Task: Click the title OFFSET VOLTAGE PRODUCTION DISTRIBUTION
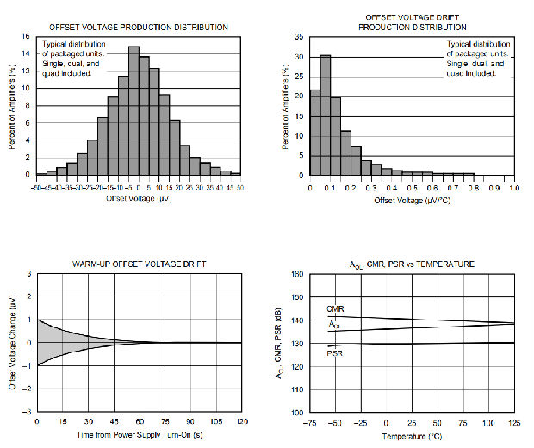(139, 28)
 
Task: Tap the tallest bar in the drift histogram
(325, 115)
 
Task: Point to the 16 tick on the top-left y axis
(26, 37)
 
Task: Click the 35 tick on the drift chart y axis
(298, 37)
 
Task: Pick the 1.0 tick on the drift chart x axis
(514, 186)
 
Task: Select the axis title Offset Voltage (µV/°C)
(412, 200)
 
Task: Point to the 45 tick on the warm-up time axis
(113, 421)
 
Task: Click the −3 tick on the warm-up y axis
(28, 413)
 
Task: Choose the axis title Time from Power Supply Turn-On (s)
(138, 434)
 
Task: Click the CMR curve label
(336, 309)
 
